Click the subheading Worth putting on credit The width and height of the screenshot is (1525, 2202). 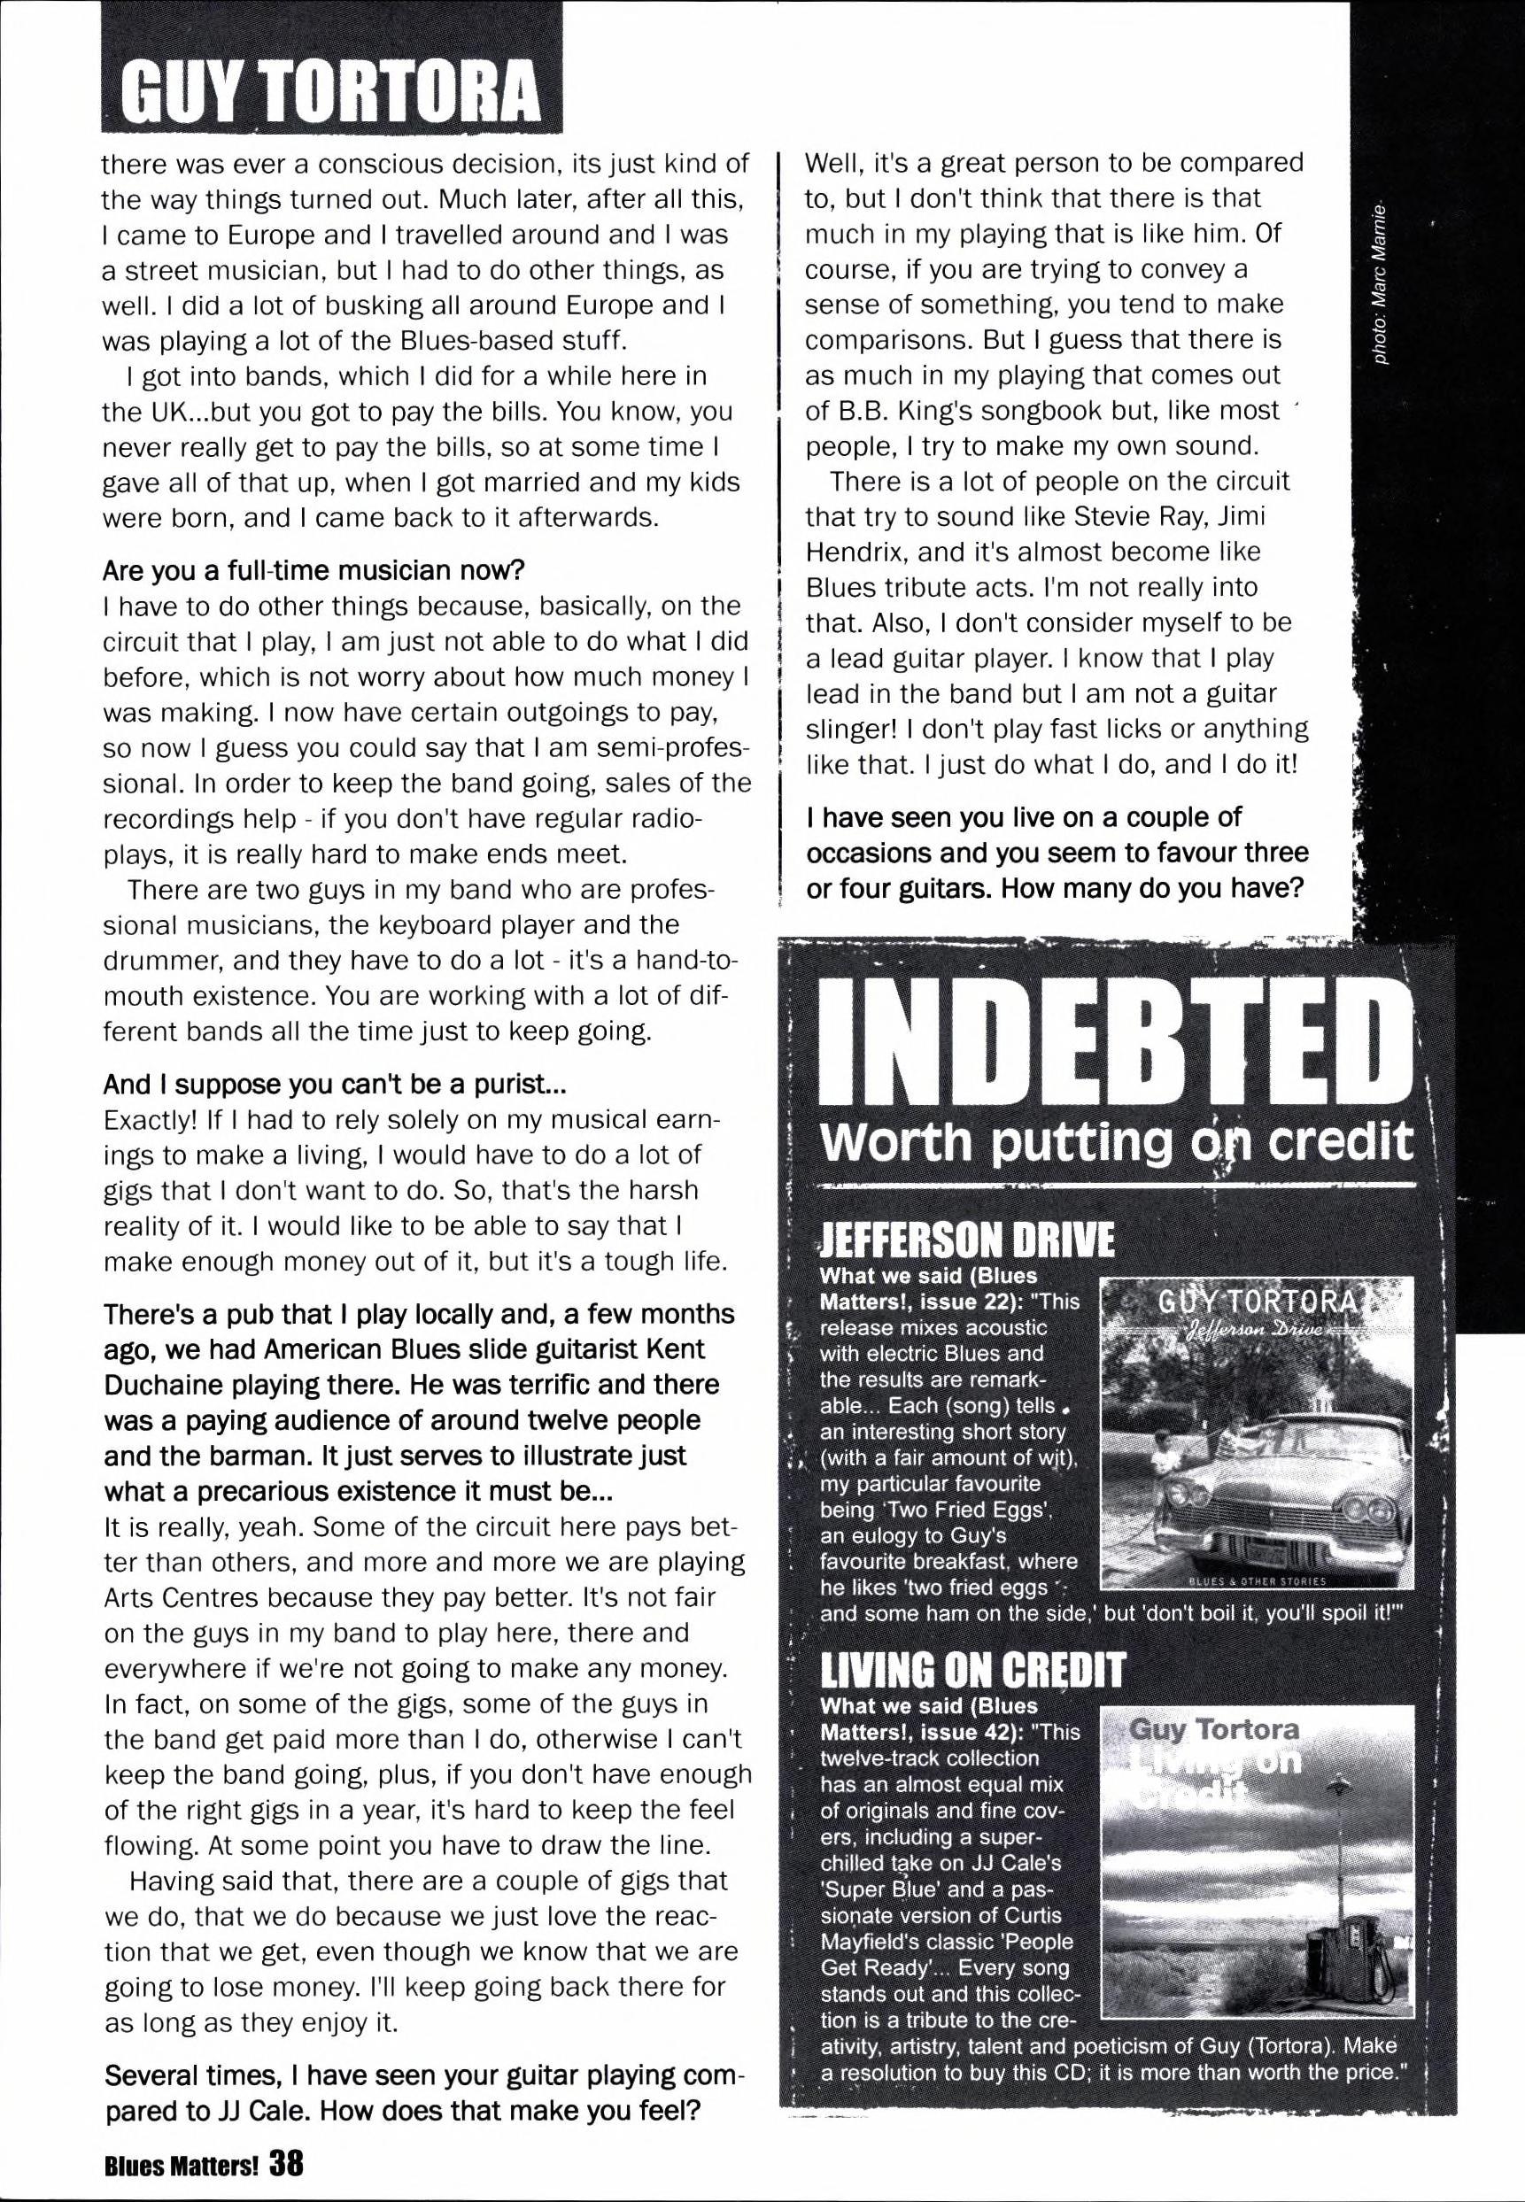pos(1116,1140)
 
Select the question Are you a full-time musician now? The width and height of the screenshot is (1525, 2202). pos(314,570)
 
